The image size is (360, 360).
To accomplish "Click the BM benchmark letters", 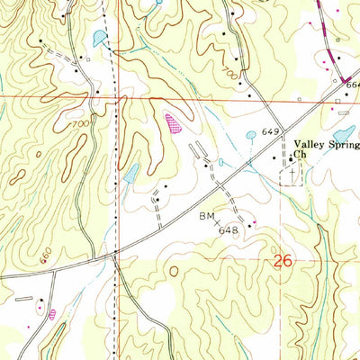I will tap(205, 217).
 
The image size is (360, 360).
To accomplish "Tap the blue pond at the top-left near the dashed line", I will tap(97, 38).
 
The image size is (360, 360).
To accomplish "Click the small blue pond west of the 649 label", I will tap(250, 136).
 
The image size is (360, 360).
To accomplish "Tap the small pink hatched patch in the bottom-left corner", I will tap(52, 313).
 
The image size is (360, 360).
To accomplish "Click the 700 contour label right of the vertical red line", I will tap(234, 82).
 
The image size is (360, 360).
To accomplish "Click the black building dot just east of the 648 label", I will tap(254, 224).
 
